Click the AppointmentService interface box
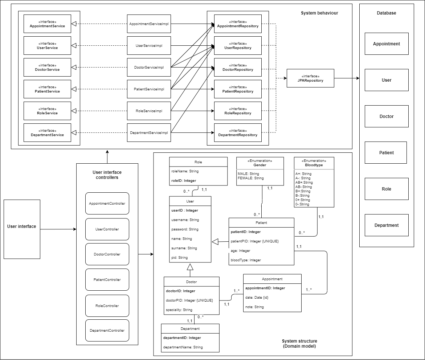pyautogui.click(x=47, y=24)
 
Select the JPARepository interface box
pyautogui.click(x=310, y=78)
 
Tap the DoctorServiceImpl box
pyautogui.click(x=149, y=67)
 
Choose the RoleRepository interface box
pyautogui.click(x=238, y=111)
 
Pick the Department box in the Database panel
pyautogui.click(x=387, y=225)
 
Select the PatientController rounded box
pyautogui.click(x=107, y=280)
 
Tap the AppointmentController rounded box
pyautogui.click(x=107, y=204)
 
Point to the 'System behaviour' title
pyautogui.click(x=319, y=13)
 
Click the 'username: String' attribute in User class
pyautogui.click(x=185, y=220)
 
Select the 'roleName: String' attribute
pyautogui.click(x=185, y=171)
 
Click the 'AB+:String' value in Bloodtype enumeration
pyautogui.click(x=304, y=183)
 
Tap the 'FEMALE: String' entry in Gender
pyautogui.click(x=251, y=178)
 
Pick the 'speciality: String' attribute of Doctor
pyautogui.click(x=179, y=310)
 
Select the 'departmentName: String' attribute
pyautogui.click(x=183, y=347)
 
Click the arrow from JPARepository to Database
pyautogui.click(x=346, y=78)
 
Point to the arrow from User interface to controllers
pyautogui.click(x=58, y=229)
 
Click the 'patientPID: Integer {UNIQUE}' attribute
pyautogui.click(x=255, y=241)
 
